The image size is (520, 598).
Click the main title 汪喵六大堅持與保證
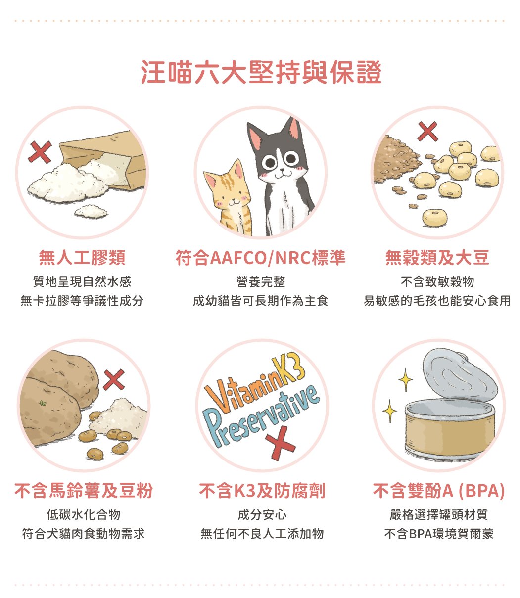tap(261, 72)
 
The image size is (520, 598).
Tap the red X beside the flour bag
tap(40, 152)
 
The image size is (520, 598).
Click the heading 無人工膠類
tap(82, 258)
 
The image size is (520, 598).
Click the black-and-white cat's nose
tap(282, 170)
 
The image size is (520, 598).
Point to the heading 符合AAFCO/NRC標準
tap(260, 258)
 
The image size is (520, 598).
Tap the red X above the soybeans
tap(427, 132)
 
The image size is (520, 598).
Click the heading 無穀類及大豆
tap(437, 258)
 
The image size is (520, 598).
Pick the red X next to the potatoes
tap(114, 380)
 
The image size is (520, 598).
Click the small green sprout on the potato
tap(43, 403)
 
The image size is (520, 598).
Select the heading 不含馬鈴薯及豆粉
tap(84, 491)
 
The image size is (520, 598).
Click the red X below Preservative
tap(280, 443)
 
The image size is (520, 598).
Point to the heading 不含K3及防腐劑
tap(262, 491)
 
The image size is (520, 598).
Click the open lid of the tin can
tap(459, 375)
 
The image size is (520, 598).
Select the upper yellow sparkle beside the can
tap(405, 380)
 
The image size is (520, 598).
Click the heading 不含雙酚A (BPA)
tap(439, 491)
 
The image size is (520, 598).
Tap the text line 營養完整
tap(260, 282)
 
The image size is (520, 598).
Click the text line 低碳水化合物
tap(84, 514)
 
